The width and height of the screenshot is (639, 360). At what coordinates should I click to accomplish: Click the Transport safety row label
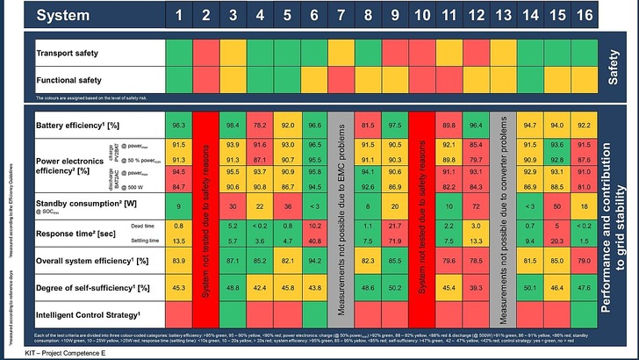(x=68, y=54)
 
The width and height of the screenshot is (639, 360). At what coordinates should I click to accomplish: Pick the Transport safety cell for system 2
(x=205, y=54)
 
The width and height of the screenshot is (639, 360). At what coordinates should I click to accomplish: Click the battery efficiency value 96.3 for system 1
(x=178, y=125)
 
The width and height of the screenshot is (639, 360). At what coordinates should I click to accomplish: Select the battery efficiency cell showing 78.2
(x=259, y=125)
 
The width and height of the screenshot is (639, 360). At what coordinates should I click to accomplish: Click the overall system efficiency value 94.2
(x=313, y=261)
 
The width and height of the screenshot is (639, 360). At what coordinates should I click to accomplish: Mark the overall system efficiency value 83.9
(x=178, y=261)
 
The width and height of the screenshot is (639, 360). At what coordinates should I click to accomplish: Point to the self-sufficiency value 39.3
(x=475, y=287)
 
